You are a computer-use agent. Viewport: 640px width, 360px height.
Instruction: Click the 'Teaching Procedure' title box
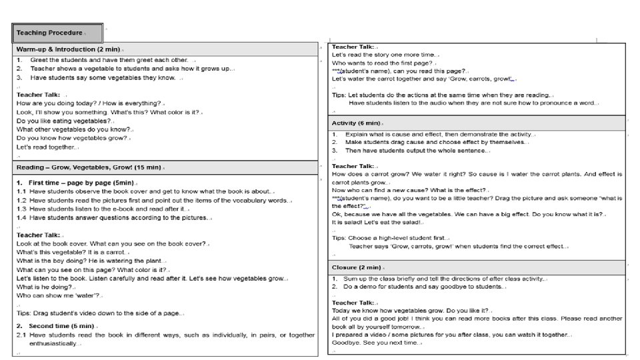pos(57,33)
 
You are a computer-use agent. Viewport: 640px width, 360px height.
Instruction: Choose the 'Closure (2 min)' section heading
pos(356,267)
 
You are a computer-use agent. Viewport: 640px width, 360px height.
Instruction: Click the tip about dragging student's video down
pos(100,313)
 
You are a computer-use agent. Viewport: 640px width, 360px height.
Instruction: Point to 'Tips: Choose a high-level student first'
pos(391,238)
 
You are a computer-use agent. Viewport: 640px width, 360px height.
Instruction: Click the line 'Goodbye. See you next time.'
pos(377,343)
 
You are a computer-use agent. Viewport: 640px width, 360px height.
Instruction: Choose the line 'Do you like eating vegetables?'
pos(64,121)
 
